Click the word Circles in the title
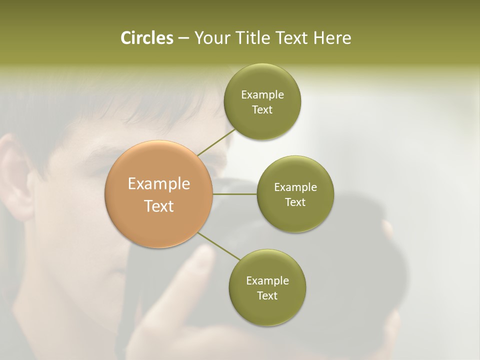tap(146, 38)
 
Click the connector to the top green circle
tap(216, 142)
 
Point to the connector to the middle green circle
tap(235, 194)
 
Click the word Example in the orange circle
tap(159, 184)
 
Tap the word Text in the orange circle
tap(159, 205)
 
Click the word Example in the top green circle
tap(262, 95)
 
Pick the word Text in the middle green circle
tap(295, 202)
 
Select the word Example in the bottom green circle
tap(267, 281)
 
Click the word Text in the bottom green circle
tap(267, 296)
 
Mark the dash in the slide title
tap(183, 38)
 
